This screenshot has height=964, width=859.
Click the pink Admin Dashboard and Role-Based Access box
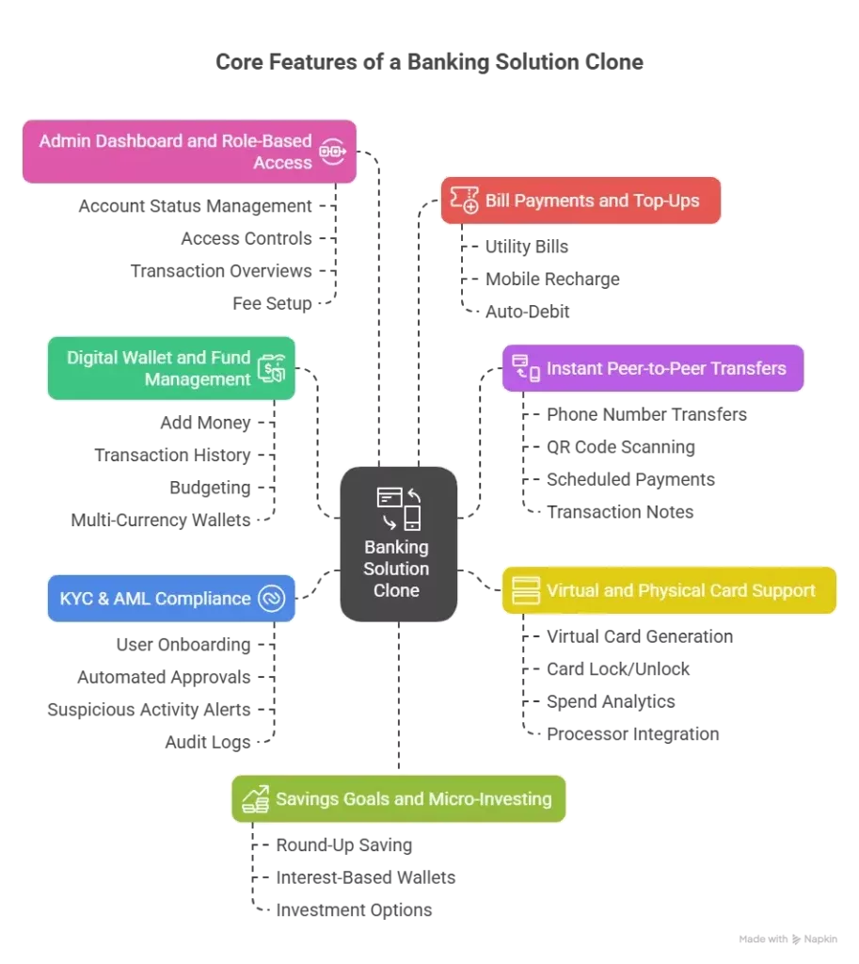click(188, 152)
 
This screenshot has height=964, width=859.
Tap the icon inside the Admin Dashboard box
click(332, 152)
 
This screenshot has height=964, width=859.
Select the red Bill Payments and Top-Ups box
click(580, 200)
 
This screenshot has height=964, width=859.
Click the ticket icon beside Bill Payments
click(464, 200)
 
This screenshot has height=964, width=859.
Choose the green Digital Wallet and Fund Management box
click(171, 368)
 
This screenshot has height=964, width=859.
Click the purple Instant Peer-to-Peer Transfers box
click(653, 368)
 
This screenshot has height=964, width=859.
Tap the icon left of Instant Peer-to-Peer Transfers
click(526, 368)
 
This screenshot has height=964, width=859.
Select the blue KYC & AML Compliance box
click(171, 599)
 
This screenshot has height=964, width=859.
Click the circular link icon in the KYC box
click(271, 599)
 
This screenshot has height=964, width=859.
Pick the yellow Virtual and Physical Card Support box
click(668, 591)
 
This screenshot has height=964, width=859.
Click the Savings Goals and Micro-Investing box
click(399, 799)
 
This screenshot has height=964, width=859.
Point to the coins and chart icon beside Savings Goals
click(256, 799)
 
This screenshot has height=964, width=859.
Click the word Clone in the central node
click(396, 591)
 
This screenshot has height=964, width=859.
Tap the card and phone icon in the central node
click(398, 508)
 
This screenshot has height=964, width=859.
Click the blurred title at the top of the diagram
click(429, 64)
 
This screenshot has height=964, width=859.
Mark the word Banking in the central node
click(396, 547)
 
